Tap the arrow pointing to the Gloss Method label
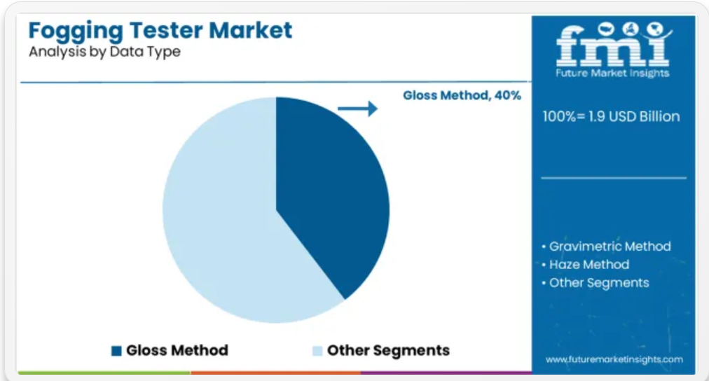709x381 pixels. click(358, 109)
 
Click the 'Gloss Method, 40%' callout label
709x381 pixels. click(462, 95)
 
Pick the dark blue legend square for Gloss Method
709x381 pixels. click(116, 351)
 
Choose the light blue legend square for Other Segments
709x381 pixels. click(317, 351)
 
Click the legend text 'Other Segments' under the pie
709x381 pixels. click(388, 350)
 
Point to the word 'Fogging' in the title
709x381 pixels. click(76, 32)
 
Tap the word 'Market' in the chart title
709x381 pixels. click(251, 30)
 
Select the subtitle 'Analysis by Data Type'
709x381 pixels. click(104, 52)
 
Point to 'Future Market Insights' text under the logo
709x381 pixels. click(612, 74)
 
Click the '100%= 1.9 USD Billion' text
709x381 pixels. click(611, 116)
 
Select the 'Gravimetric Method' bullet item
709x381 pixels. click(606, 247)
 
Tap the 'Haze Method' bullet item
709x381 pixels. click(585, 265)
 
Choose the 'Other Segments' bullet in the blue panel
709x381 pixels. click(595, 283)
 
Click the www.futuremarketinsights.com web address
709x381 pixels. click(614, 360)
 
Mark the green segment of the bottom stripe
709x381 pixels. click(104, 373)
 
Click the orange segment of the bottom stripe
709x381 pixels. click(275, 373)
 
